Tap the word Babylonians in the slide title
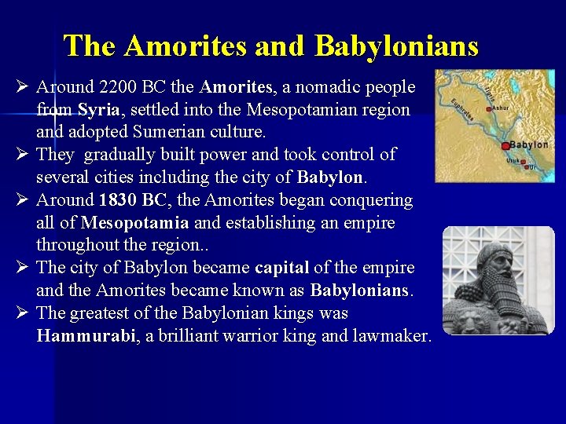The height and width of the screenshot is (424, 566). click(396, 46)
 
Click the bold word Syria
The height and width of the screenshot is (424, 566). click(98, 109)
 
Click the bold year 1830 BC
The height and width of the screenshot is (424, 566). click(131, 200)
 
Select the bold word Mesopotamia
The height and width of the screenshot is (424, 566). click(134, 223)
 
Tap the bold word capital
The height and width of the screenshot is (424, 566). click(281, 268)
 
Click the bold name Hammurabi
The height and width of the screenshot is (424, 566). click(86, 336)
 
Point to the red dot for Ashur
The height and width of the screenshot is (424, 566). click(490, 109)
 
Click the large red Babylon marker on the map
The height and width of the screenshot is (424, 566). click(505, 145)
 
